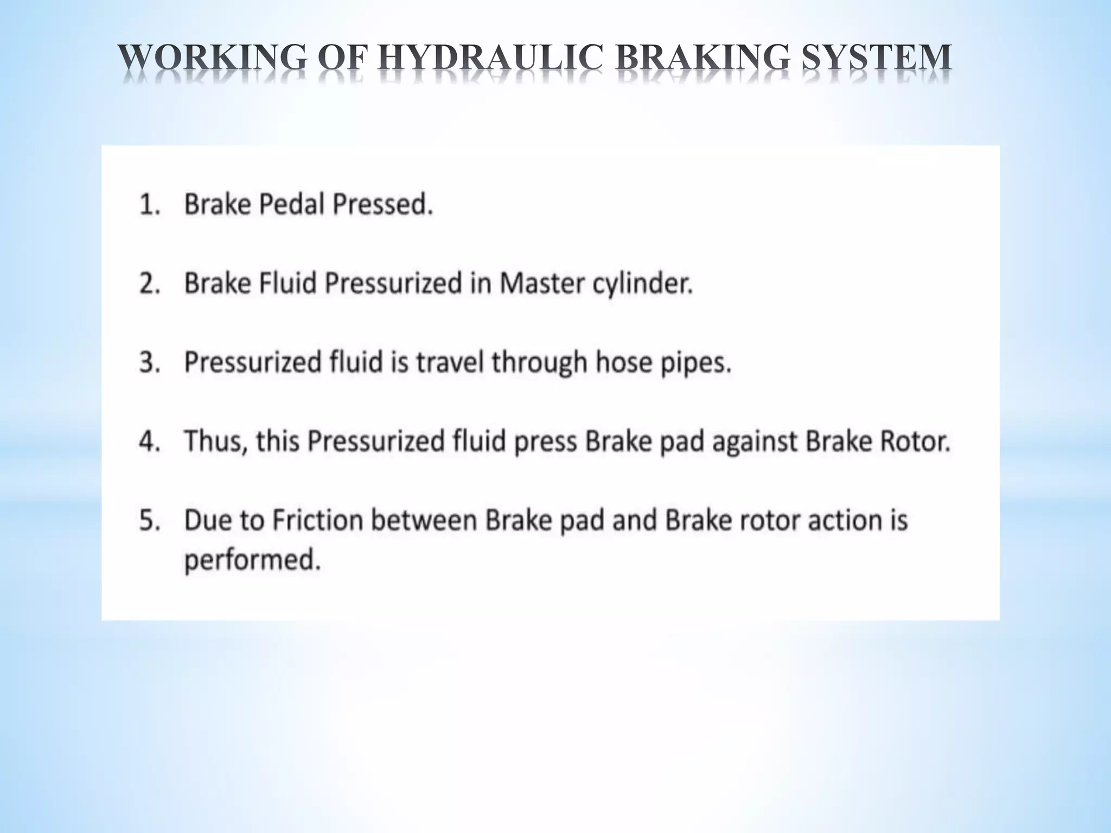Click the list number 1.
[149, 205]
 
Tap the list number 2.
[150, 284]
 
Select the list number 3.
[150, 362]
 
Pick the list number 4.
[150, 441]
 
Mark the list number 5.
[150, 520]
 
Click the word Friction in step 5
[317, 520]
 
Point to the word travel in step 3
[450, 362]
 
